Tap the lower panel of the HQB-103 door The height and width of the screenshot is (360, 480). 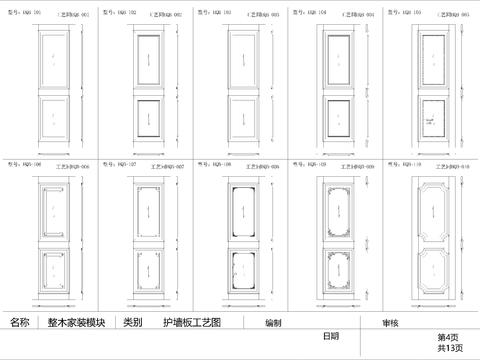pos(243,115)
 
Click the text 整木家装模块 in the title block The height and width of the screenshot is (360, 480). pos(74,323)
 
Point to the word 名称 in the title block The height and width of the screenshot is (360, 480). pos(20,323)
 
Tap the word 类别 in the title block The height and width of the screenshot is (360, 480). pos(132,323)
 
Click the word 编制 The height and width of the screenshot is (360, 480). pos(273,323)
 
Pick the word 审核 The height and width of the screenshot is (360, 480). pos(389,323)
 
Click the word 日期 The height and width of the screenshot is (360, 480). pos(331,336)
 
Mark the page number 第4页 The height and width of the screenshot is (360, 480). pos(446,338)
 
